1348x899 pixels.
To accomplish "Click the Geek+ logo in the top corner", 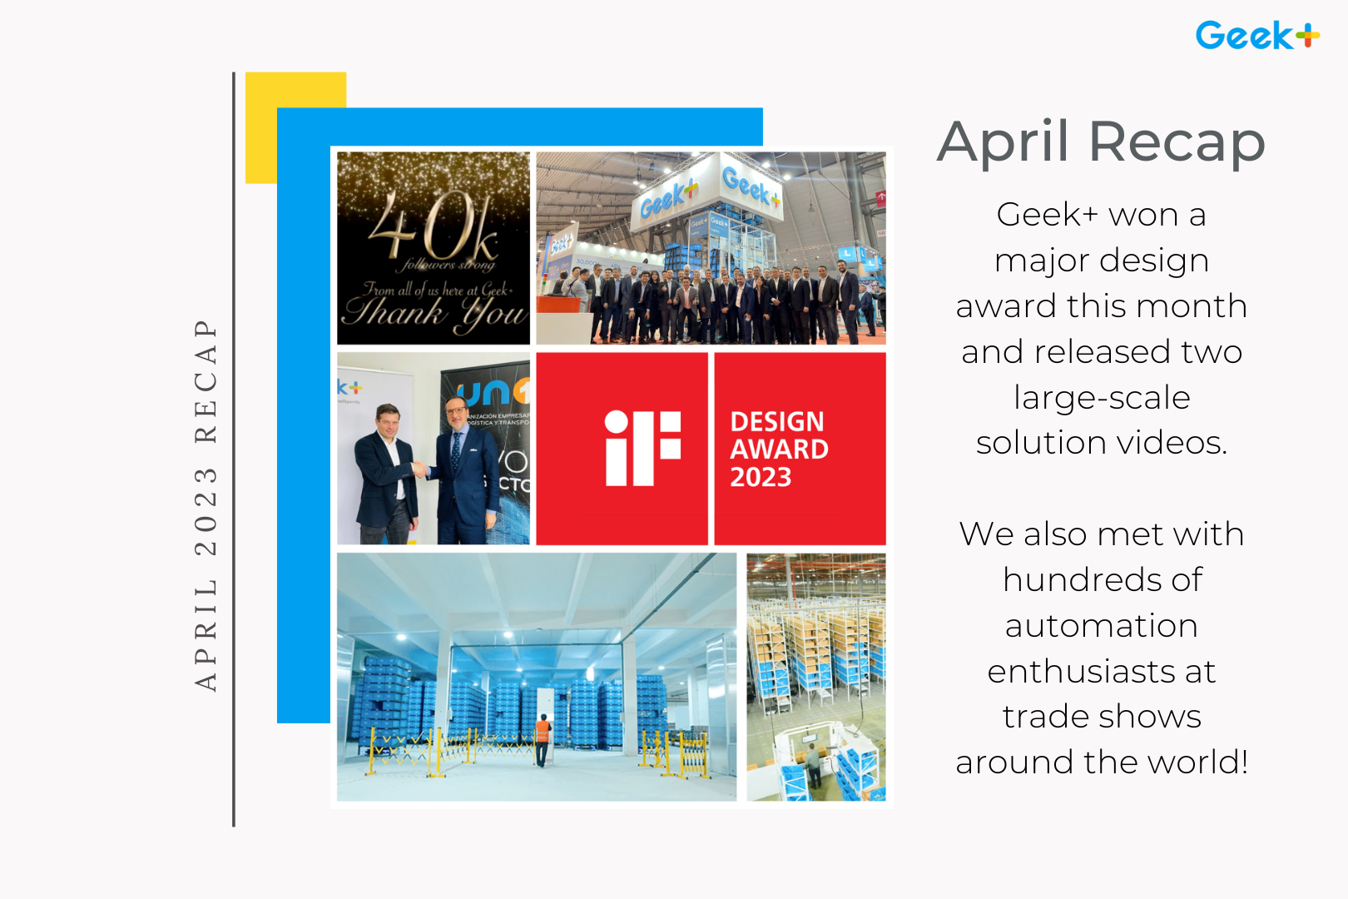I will click(1256, 36).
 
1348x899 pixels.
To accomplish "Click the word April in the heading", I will click(1003, 142).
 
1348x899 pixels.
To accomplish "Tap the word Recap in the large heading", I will click(1177, 143).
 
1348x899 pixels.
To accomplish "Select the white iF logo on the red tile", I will click(642, 448).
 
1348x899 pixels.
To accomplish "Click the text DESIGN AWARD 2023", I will click(778, 449).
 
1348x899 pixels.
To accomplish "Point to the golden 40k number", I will click(434, 226).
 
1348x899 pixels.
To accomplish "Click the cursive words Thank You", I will click(434, 314).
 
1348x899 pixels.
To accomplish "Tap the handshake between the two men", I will click(421, 470).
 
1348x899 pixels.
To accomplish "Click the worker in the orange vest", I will click(543, 737).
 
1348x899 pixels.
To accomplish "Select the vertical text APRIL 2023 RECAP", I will click(206, 504).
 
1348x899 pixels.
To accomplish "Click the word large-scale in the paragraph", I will click(1102, 398).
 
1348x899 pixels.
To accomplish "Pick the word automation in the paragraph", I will click(1101, 626).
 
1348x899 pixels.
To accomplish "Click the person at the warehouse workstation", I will click(813, 763).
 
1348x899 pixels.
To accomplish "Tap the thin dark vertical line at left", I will click(234, 449).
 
